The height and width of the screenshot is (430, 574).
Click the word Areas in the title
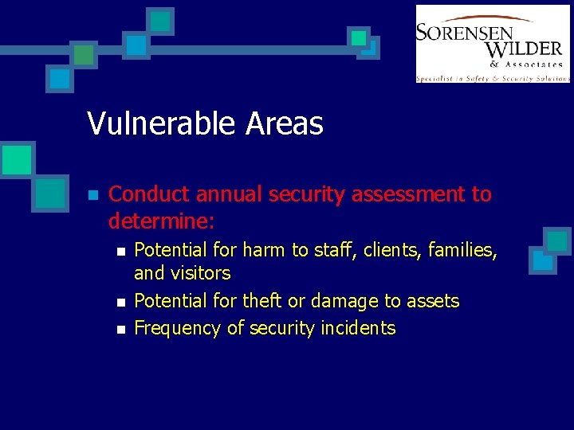(285, 123)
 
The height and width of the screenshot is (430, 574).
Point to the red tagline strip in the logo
(493, 78)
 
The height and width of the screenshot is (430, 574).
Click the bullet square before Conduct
(92, 195)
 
